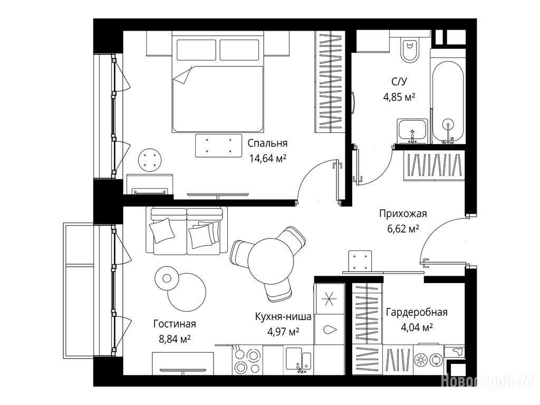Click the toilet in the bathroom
tap(409, 50)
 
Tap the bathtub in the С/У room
tap(447, 102)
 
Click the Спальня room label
tap(267, 143)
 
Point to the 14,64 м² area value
tap(267, 158)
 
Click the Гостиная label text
tap(175, 324)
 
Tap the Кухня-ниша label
tap(283, 316)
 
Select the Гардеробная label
tap(417, 313)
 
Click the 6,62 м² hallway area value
tap(403, 228)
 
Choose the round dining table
tap(271, 261)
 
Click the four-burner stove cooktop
tap(247, 360)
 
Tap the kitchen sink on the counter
tap(298, 360)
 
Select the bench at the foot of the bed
tap(219, 146)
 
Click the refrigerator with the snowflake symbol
tap(329, 298)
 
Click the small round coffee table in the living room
tap(167, 278)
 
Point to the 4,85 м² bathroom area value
tap(399, 97)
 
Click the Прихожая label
tap(403, 214)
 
